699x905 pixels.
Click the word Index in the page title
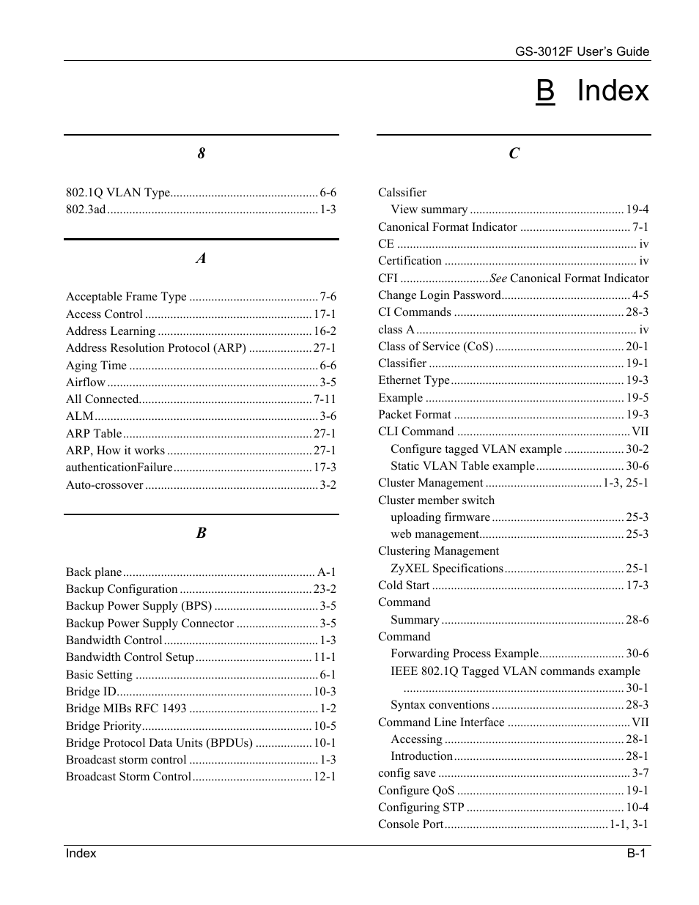tap(613, 91)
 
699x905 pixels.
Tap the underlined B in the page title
tap(545, 91)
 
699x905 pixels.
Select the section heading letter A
tap(201, 258)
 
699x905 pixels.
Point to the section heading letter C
tap(514, 153)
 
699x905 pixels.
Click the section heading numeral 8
tap(201, 153)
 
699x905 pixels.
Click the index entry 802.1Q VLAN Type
tap(118, 193)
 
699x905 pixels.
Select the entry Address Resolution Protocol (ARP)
tap(156, 348)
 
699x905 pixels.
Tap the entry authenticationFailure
tap(119, 468)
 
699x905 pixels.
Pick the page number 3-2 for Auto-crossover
tap(328, 485)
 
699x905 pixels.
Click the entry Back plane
tap(94, 572)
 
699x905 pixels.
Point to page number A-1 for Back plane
tap(327, 572)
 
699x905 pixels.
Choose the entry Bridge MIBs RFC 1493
tap(126, 709)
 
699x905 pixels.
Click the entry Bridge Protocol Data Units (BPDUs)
tap(159, 743)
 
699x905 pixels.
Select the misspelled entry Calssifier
tap(402, 193)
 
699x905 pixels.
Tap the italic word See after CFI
tap(498, 278)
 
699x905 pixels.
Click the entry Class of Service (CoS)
tap(435, 347)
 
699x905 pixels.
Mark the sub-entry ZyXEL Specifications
tap(447, 569)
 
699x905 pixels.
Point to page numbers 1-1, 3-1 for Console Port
tap(629, 824)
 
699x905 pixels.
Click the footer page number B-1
tap(635, 853)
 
